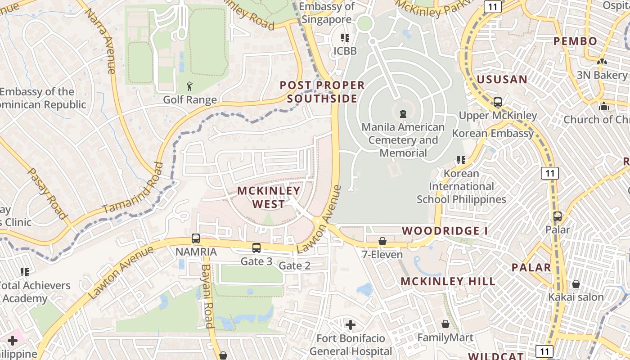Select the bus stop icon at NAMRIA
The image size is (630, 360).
(196, 238)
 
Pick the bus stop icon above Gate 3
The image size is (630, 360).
(256, 247)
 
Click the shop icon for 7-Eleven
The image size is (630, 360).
(382, 241)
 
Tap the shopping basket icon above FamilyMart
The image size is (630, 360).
(445, 324)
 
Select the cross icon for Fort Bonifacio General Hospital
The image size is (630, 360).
(351, 324)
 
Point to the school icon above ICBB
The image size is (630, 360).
(345, 38)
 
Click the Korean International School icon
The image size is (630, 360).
(461, 160)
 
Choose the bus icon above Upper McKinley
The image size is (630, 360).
(498, 102)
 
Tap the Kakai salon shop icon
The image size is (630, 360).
(576, 284)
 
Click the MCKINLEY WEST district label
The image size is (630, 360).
(269, 197)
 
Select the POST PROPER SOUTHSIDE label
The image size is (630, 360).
(322, 92)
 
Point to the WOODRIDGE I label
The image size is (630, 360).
(445, 231)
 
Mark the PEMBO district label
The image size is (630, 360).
(575, 41)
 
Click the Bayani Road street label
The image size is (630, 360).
(207, 296)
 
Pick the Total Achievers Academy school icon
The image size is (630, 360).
(25, 272)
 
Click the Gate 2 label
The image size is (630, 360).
(295, 265)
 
